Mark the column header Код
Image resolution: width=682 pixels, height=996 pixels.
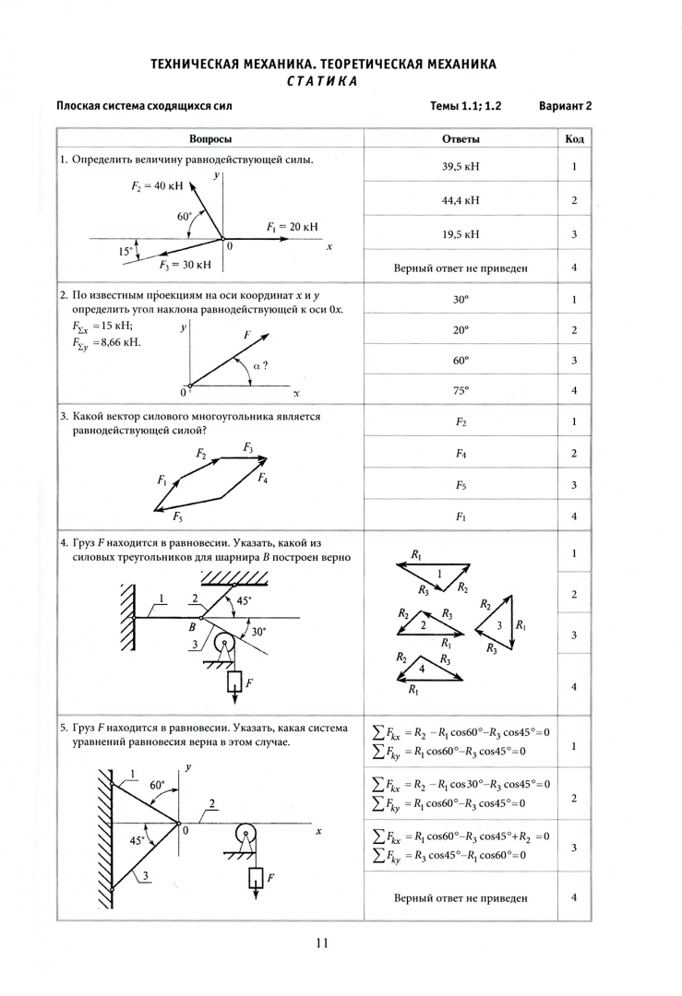(x=574, y=138)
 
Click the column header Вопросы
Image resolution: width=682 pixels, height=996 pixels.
(x=210, y=138)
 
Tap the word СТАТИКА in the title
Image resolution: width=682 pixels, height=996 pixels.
(x=322, y=81)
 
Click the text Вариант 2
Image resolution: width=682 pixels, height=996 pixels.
(x=565, y=106)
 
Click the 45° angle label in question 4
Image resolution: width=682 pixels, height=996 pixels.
(x=244, y=599)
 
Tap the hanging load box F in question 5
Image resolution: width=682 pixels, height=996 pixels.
(x=257, y=878)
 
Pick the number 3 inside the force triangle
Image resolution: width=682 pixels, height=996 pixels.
(x=498, y=625)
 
